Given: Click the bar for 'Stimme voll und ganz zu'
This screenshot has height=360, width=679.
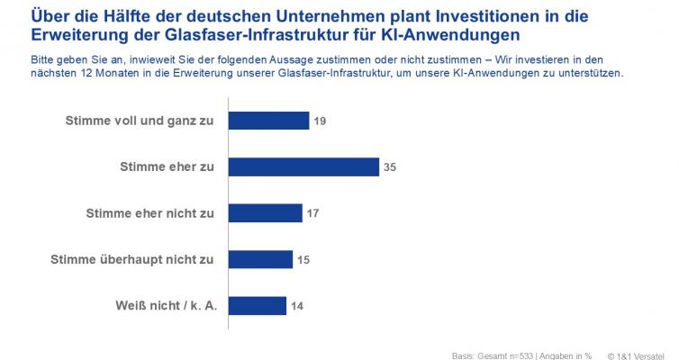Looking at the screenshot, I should coord(268,121).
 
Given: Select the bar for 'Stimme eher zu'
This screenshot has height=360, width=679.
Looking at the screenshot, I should coord(303,166).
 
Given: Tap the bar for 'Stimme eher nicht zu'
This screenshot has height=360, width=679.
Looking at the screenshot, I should coord(265,213).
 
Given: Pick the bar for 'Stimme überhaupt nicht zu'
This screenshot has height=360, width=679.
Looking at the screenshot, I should coord(260,259).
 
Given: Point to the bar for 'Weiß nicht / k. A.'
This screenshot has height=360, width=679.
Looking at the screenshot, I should coord(258,306).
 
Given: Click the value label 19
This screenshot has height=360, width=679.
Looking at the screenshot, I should coord(320,121).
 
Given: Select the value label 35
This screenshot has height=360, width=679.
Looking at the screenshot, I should coord(389,166).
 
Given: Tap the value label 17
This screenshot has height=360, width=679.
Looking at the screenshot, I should coord(312,213).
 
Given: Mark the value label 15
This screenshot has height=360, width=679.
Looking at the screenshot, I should coord(304,259).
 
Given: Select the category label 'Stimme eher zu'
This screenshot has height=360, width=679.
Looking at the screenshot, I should coord(167,166).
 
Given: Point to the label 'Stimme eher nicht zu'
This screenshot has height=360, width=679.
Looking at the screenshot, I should coord(149,213).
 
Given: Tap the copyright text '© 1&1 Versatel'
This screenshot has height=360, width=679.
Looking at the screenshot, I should coord(641,354).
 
